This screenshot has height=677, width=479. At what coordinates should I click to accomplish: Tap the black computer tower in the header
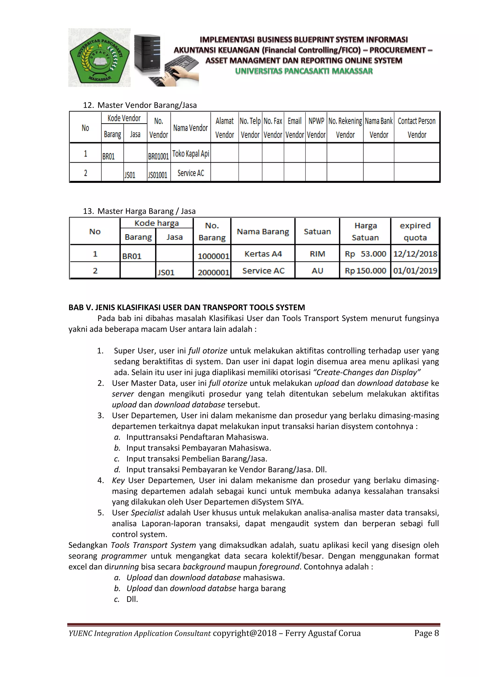point(147,53)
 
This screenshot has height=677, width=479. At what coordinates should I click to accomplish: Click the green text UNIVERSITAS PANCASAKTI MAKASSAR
point(304,71)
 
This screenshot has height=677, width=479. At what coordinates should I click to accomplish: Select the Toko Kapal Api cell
point(191,154)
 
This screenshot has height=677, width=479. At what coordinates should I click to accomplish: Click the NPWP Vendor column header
point(316,128)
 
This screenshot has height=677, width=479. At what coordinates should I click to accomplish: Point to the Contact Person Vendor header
point(417,128)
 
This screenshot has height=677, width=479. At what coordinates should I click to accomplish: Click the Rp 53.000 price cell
point(365,254)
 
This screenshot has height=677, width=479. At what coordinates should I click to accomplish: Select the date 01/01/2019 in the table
point(415,271)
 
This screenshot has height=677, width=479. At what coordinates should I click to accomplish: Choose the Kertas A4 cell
point(263,254)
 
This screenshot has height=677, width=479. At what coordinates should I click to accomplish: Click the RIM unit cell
point(317,254)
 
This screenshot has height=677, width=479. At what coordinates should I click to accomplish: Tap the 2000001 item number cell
point(213,272)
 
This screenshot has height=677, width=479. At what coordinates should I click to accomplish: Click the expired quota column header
point(415,231)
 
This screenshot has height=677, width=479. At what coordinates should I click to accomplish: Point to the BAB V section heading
point(186,308)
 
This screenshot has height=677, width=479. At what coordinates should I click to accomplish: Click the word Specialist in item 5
point(148,513)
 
